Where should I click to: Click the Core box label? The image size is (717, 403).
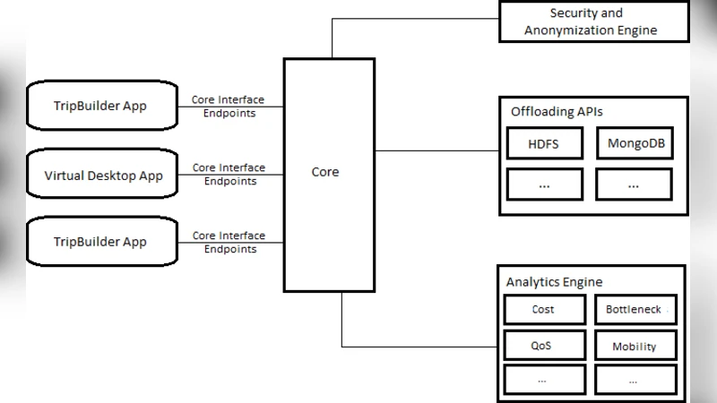click(x=324, y=171)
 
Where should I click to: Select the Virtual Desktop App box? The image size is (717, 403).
click(x=104, y=176)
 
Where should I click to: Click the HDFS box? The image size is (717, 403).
click(x=543, y=143)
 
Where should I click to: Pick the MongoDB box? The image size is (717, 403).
click(x=634, y=143)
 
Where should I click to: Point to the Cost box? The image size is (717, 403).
click(x=543, y=310)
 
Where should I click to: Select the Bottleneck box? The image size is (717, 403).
click(x=634, y=310)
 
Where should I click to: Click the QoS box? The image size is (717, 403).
click(x=543, y=346)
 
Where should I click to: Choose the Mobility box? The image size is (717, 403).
click(x=634, y=346)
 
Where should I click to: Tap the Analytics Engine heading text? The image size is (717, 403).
click(x=554, y=282)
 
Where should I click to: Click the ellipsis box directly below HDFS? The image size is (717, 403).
click(x=543, y=184)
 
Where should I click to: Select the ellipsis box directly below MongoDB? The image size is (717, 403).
click(x=634, y=184)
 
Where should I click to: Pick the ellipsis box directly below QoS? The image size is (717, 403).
click(x=543, y=380)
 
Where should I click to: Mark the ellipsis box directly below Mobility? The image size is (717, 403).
click(x=634, y=380)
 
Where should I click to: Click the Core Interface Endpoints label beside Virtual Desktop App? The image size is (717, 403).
click(x=229, y=174)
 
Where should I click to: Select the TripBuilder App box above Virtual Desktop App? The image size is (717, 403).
click(x=100, y=107)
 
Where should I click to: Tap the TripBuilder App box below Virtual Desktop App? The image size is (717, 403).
click(x=100, y=243)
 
